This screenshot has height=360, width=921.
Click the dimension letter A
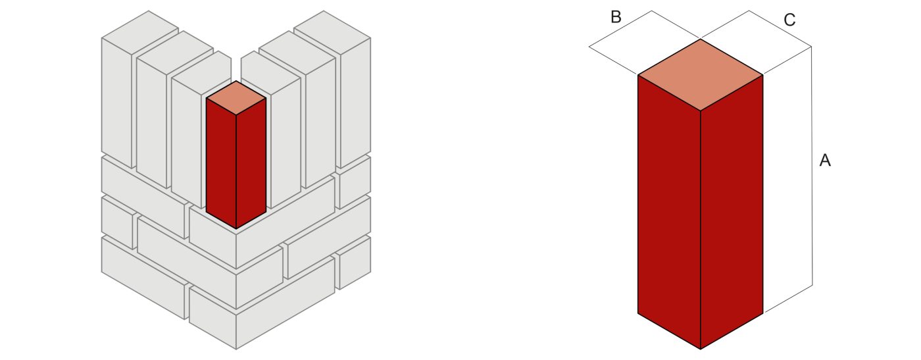[825, 160]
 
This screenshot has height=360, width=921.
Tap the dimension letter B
[616, 17]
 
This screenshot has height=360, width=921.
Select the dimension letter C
[790, 20]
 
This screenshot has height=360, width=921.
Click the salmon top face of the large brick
[700, 74]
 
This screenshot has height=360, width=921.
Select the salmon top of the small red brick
[236, 97]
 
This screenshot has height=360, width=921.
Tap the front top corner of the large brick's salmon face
[700, 111]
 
